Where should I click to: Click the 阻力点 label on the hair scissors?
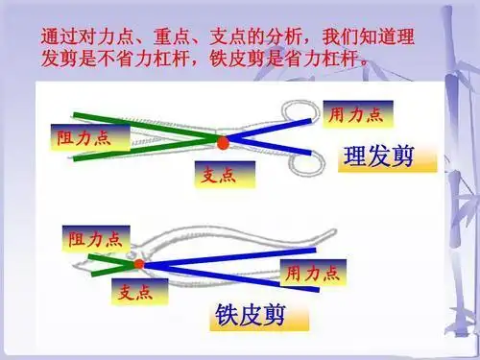[x=81, y=137]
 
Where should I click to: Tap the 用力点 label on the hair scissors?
[x=356, y=114]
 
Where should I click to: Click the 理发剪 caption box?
[x=378, y=156]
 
